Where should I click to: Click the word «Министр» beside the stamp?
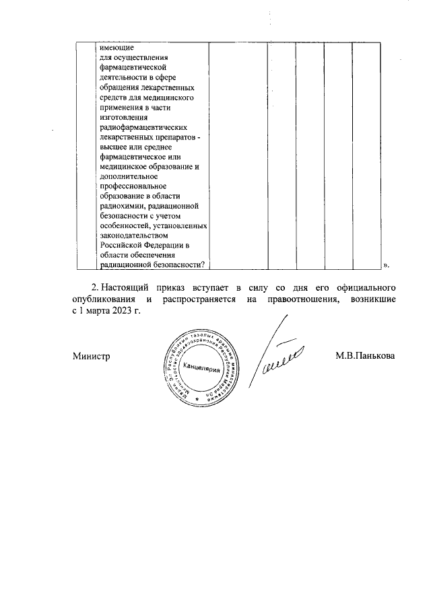91,355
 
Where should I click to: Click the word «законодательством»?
133,236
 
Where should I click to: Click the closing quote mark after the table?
386,266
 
